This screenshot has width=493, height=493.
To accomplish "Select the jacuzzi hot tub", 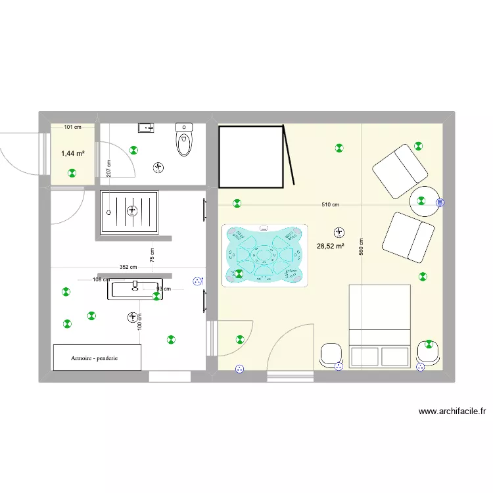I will [x=265, y=254].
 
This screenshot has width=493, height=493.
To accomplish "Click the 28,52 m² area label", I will [x=331, y=246].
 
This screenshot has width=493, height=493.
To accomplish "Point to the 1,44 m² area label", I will [x=72, y=153].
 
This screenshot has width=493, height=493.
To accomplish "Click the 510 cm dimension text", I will [x=330, y=204].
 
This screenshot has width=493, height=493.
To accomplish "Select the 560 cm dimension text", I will [x=361, y=246].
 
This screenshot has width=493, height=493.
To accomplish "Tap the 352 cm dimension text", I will [x=128, y=267].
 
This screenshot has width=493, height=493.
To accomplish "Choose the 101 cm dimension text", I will [x=72, y=127].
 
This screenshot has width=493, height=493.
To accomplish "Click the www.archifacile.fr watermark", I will [x=452, y=412].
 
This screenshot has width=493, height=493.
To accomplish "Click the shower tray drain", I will [x=132, y=211].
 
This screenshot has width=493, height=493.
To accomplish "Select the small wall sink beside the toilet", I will [x=145, y=127].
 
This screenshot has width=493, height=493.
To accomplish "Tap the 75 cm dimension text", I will [x=152, y=255].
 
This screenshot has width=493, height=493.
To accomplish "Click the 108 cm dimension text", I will [x=101, y=279].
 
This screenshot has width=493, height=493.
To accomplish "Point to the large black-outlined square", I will [x=250, y=156].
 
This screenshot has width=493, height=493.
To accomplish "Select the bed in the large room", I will [x=379, y=326].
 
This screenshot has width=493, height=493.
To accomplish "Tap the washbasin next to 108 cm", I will [x=135, y=288].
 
